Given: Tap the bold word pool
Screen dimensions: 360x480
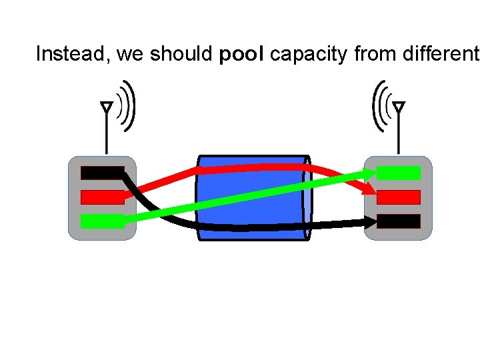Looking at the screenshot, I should click(241, 54).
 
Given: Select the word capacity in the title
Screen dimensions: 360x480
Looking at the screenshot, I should click(309, 54).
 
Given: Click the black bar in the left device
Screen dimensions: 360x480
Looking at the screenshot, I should click(101, 173).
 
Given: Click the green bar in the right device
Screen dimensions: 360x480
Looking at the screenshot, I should click(399, 173).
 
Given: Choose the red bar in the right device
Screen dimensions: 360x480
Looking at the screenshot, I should click(399, 197).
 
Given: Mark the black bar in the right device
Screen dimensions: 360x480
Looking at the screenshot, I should click(399, 221).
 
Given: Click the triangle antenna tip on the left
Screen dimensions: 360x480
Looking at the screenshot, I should click(106, 107).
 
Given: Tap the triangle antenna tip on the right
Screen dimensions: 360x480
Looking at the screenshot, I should click(399, 107).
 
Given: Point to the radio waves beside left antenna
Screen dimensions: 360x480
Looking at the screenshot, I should click(126, 105).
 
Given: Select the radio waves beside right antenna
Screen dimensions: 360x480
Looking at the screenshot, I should click(380, 105).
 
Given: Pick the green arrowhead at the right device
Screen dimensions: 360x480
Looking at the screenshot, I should click(369, 172).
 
